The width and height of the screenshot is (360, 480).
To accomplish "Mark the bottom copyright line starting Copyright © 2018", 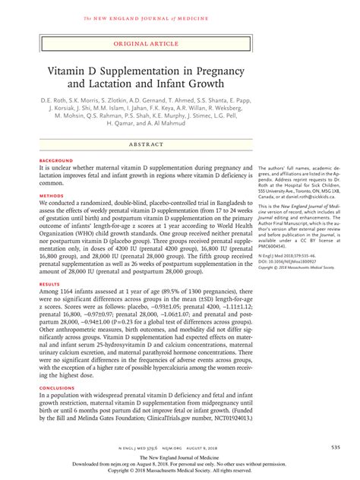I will click(x=179, y=469).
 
